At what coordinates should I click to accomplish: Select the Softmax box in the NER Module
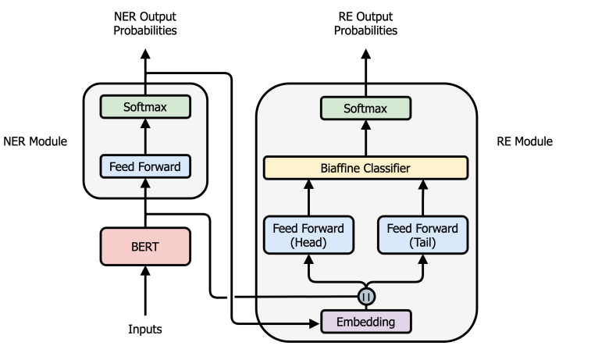pos(145,105)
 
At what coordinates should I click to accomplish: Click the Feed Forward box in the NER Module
pos(145,166)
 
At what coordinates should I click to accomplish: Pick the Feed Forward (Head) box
pos(308,235)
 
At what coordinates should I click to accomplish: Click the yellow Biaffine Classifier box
pos(365,167)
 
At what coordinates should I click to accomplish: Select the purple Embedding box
pos(365,321)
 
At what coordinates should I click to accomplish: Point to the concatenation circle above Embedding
pos(365,297)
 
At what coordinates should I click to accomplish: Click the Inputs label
pos(145,329)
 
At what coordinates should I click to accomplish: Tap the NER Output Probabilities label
pos(145,23)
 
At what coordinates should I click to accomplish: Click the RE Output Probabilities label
pos(365,23)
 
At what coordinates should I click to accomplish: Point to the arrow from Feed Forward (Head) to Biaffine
pos(308,197)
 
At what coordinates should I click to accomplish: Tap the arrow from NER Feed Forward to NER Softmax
pos(145,135)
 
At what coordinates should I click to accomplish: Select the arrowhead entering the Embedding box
pos(315,321)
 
